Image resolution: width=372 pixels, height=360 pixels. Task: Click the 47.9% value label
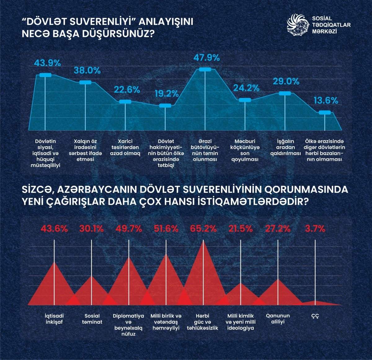pyautogui.click(x=206, y=58)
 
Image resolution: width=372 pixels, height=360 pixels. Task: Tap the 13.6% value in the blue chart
pyautogui.click(x=326, y=101)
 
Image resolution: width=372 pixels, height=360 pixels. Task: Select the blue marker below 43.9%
pyautogui.click(x=45, y=75)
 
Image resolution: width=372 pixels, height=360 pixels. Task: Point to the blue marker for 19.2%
pyautogui.click(x=165, y=106)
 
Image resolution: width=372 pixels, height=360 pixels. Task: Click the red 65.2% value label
pyautogui.click(x=203, y=229)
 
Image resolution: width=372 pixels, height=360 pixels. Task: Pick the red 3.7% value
pyautogui.click(x=315, y=229)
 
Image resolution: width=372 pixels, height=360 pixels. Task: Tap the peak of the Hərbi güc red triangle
pyautogui.click(x=203, y=241)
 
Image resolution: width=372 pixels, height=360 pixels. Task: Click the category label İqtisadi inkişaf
pyautogui.click(x=54, y=319)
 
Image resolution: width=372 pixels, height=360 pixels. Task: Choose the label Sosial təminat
pyautogui.click(x=92, y=319)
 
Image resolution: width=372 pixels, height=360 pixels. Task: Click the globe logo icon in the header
pyautogui.click(x=298, y=25)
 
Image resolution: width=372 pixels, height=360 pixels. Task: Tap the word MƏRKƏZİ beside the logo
pyautogui.click(x=325, y=31)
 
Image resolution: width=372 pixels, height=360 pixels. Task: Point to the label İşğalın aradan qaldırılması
pyautogui.click(x=286, y=147)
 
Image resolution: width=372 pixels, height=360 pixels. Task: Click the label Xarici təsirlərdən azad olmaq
pyautogui.click(x=125, y=147)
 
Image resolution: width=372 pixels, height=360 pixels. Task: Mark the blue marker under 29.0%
pyautogui.click(x=285, y=93)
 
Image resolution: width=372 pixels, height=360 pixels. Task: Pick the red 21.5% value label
pyautogui.click(x=241, y=229)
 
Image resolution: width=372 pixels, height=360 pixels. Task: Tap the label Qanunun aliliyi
pyautogui.click(x=278, y=319)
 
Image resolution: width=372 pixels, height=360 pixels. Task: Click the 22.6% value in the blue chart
pyautogui.click(x=127, y=90)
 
